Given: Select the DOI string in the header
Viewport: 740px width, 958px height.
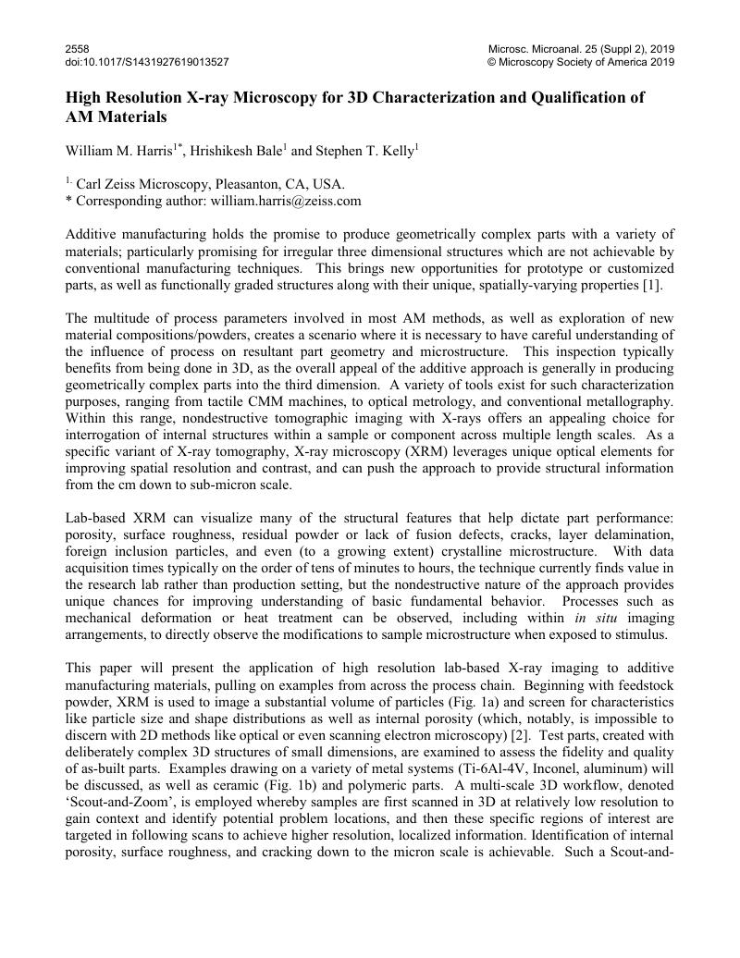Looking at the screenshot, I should point(147,62).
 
